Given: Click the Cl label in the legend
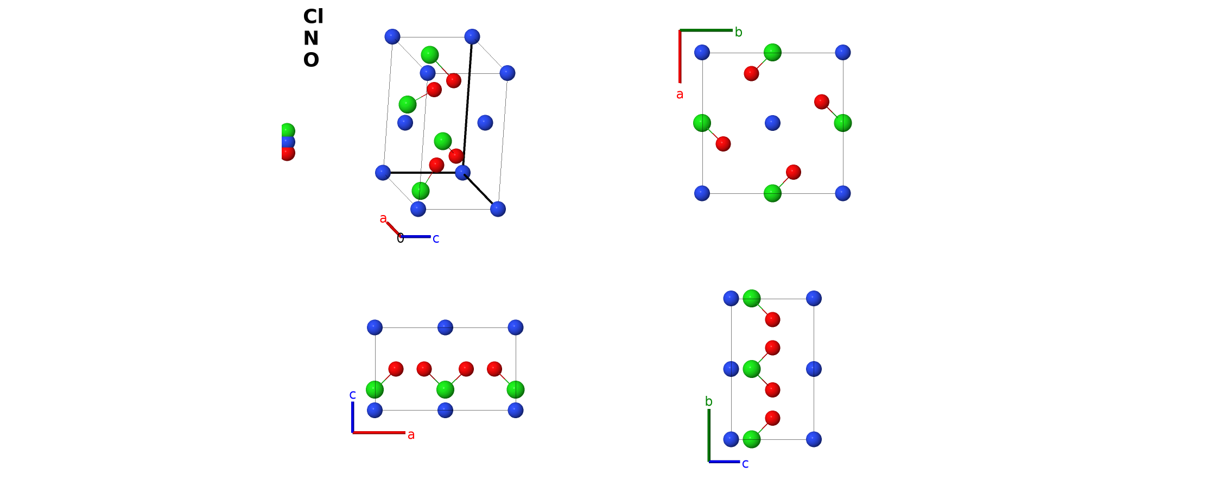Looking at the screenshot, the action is [x=313, y=17].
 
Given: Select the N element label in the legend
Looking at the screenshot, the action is [x=310, y=39].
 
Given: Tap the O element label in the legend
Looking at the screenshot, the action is [x=311, y=60].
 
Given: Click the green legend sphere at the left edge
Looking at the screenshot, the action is [x=287, y=131].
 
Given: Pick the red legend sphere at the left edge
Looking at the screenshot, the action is [x=287, y=153].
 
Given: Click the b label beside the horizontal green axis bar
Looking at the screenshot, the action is [x=738, y=32].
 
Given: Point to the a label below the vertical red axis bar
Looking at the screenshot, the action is [x=680, y=94].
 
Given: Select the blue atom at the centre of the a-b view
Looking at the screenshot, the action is [x=772, y=123].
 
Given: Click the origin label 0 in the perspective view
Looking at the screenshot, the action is [x=401, y=238].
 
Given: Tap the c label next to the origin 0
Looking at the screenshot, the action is [x=436, y=239].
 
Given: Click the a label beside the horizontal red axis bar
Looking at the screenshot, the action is [x=411, y=435].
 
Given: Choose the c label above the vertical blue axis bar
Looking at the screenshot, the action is [x=352, y=395].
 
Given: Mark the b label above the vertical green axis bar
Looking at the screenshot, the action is [x=708, y=401].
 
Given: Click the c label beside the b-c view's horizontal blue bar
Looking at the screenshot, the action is [x=745, y=464].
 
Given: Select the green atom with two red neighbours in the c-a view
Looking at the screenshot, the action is [x=445, y=389].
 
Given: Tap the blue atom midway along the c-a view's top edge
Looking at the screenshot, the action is [x=445, y=327].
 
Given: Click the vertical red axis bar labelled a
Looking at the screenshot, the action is [x=680, y=56].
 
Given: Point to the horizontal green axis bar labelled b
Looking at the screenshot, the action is [x=706, y=30].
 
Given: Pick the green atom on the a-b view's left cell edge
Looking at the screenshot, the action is [x=702, y=123].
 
